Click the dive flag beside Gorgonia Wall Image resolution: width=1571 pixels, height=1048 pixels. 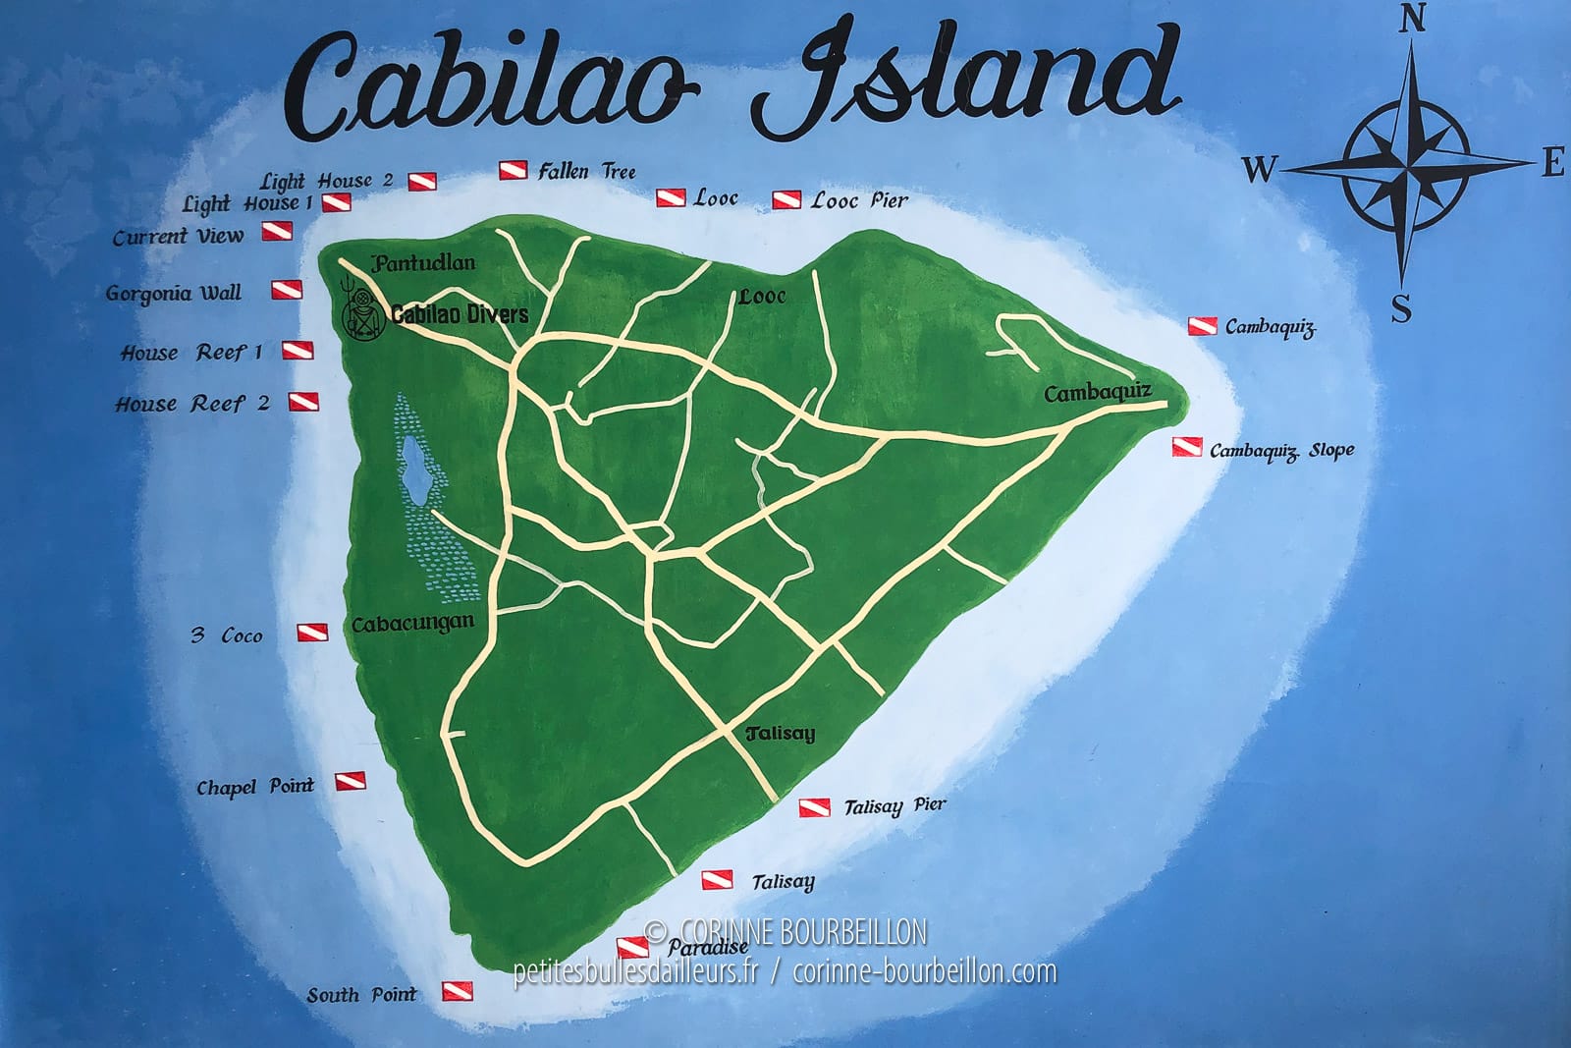coord(287,291)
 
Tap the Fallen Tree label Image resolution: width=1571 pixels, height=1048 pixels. coord(586,172)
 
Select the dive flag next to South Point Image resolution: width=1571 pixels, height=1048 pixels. coord(458,991)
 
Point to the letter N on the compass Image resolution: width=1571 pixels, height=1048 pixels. coord(1412,19)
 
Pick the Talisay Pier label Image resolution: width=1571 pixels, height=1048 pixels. coord(894,806)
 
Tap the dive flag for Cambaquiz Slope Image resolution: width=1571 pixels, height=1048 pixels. coord(1187,448)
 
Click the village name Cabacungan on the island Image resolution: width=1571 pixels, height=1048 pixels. coord(412,624)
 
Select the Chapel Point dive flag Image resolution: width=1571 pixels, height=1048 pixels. coord(351,782)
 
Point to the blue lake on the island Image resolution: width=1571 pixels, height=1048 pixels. coord(416,466)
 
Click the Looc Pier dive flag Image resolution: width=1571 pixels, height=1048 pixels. coord(786,200)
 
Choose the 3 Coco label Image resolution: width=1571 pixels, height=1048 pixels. coord(228,635)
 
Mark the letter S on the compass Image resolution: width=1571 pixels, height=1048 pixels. coord(1401,309)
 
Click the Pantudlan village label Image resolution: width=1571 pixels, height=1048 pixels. coord(423,263)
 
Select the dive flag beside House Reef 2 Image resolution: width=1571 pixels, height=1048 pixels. coord(303,402)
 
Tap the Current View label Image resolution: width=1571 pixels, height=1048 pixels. coord(178,237)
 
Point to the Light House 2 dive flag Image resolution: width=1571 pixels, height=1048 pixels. coord(422,182)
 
